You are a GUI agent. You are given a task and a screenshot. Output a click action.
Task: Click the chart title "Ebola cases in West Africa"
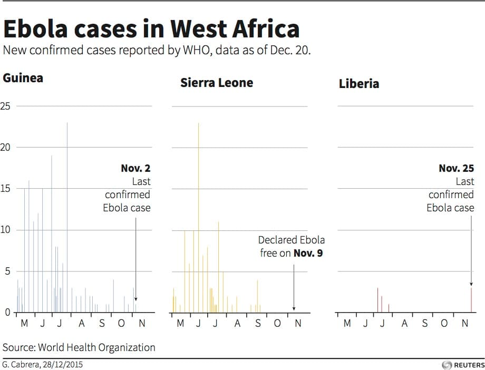pyautogui.click(x=151, y=29)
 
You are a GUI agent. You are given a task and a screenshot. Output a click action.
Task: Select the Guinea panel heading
pyautogui.click(x=23, y=79)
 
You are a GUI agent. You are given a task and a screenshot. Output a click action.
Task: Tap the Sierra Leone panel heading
pyautogui.click(x=217, y=83)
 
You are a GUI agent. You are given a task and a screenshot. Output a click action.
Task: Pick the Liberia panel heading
pyautogui.click(x=359, y=84)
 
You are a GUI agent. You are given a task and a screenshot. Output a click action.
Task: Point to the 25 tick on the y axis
pyautogui.click(x=6, y=106)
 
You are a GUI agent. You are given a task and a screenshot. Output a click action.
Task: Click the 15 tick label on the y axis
pyautogui.click(x=6, y=189)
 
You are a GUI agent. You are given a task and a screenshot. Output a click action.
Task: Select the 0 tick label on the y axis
pyautogui.click(x=7, y=313)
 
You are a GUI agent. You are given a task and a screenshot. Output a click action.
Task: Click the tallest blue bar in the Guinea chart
pyautogui.click(x=67, y=216)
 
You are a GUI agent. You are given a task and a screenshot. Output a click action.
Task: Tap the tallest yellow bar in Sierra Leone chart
pyautogui.click(x=198, y=216)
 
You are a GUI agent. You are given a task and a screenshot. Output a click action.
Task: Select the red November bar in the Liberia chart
pyautogui.click(x=471, y=300)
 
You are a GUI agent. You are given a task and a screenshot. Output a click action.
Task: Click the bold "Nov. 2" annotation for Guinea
pyautogui.click(x=135, y=169)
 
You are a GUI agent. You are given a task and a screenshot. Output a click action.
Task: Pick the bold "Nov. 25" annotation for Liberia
pyautogui.click(x=456, y=169)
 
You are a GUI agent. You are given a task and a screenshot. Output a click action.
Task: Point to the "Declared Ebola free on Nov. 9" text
pyautogui.click(x=291, y=247)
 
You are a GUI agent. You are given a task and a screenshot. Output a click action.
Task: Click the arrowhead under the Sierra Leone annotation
pyautogui.click(x=294, y=309)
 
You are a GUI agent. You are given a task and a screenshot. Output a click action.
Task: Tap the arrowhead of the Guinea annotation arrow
pyautogui.click(x=135, y=299)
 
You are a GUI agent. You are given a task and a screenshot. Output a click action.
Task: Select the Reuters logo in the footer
pyautogui.click(x=461, y=365)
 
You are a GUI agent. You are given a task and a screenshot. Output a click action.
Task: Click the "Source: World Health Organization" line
pyautogui.click(x=79, y=347)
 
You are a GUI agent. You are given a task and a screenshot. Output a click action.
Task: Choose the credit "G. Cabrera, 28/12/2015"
pyautogui.click(x=43, y=364)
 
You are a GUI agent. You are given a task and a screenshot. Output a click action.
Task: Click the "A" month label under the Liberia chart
pyautogui.click(x=405, y=323)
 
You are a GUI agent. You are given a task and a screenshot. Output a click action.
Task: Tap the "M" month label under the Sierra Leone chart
pyautogui.click(x=180, y=323)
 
